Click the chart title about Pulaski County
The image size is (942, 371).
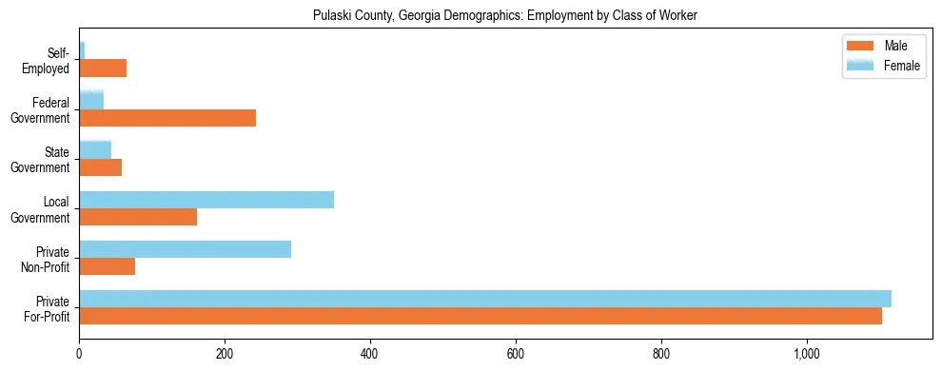[505, 16]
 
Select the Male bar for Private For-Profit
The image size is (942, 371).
[481, 316]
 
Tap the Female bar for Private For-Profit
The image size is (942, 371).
[485, 299]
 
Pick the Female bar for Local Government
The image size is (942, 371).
[206, 200]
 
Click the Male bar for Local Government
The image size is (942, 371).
[138, 217]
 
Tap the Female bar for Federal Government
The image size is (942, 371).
[91, 101]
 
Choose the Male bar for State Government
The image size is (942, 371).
[100, 167]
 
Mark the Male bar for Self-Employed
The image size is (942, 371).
[103, 68]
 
